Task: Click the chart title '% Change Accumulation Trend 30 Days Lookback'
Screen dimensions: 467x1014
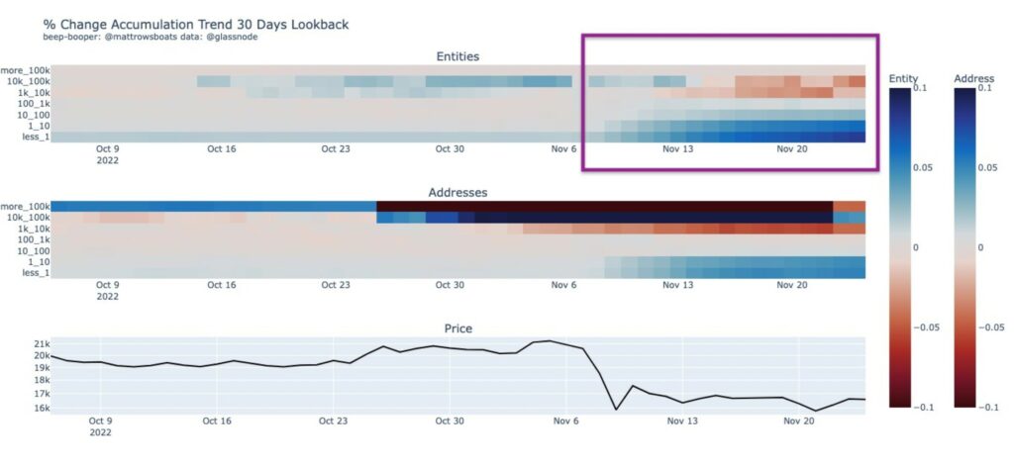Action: pos(196,23)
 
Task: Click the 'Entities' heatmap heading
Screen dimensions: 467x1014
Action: pos(457,56)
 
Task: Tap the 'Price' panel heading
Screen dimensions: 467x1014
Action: pos(457,327)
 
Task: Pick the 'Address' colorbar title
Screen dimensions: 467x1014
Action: pos(972,77)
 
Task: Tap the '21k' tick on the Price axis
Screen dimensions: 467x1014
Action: pos(37,343)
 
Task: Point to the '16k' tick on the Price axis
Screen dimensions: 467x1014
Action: pos(37,408)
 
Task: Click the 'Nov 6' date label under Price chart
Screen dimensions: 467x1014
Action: pos(563,420)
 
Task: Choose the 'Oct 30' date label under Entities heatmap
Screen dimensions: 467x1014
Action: pos(450,148)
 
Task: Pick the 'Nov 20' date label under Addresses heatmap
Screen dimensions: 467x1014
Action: pos(791,285)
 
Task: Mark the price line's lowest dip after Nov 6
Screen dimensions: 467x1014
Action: pos(816,411)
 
